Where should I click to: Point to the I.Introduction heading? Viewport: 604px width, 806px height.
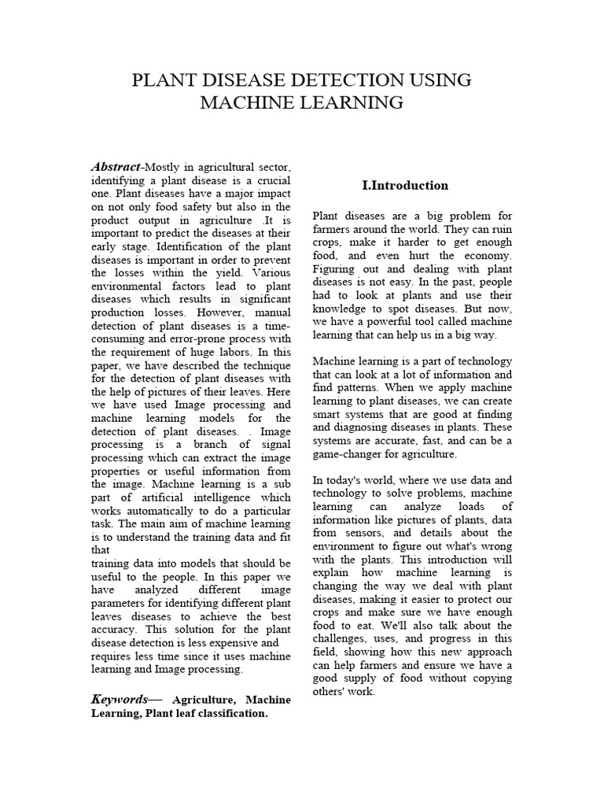404,186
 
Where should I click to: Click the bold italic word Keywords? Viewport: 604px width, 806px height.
120,699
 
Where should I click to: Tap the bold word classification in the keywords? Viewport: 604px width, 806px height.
227,714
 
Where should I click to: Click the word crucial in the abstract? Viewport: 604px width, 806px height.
269,180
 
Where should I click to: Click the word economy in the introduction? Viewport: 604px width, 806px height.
488,256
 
